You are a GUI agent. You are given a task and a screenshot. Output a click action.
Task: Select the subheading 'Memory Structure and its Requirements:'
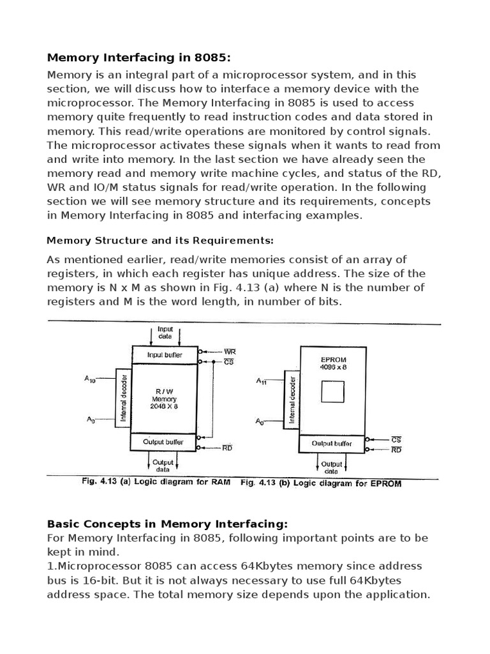[x=160, y=240]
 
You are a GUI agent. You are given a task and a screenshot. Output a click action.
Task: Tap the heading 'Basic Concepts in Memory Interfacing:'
[x=168, y=524]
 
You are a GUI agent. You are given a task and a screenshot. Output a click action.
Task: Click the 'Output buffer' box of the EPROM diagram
[x=332, y=443]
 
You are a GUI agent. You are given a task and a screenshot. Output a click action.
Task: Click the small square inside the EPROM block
[x=332, y=391]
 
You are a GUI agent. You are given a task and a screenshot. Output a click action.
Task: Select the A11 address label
[x=262, y=381]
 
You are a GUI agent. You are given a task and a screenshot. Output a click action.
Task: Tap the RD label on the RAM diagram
[x=227, y=448]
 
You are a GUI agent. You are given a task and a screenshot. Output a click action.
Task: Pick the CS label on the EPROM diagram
[x=396, y=439]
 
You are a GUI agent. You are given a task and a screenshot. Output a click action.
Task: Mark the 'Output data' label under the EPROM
[x=332, y=468]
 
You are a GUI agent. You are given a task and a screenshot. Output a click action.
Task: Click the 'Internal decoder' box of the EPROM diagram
[x=292, y=399]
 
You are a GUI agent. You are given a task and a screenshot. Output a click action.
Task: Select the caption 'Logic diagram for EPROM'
[x=320, y=483]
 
